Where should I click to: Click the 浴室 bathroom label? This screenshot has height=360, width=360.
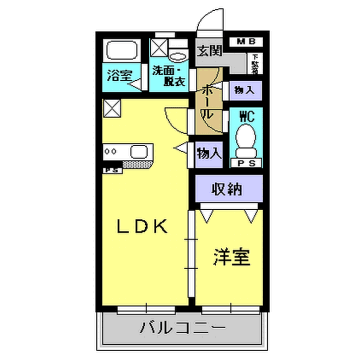click(x=119, y=74)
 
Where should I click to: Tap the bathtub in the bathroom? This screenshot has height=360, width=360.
click(x=121, y=50)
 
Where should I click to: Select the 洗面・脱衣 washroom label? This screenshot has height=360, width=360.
click(x=168, y=76)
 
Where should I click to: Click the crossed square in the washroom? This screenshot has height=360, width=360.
click(x=159, y=47)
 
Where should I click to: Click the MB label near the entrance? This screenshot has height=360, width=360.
click(x=245, y=41)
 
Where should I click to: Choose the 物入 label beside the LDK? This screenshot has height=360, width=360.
click(x=208, y=154)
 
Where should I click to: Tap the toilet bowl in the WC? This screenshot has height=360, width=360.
click(x=245, y=142)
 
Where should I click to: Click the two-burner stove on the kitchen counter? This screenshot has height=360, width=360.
click(x=113, y=153)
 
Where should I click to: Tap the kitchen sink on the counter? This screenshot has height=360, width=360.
click(x=137, y=153)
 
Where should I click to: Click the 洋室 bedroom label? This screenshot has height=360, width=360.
click(x=231, y=257)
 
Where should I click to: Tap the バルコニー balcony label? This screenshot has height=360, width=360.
click(x=181, y=328)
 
